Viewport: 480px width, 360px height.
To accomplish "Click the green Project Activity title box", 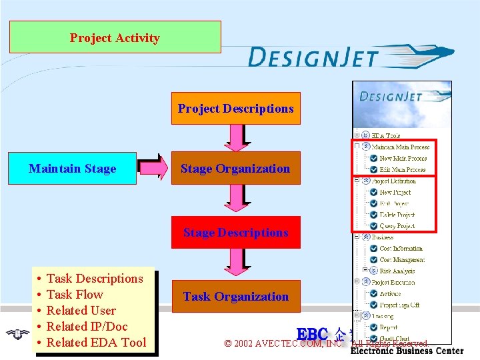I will (x=115, y=37).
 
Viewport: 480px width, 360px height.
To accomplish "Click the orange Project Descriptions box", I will (x=235, y=108).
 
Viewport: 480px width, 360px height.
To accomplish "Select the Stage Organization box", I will (x=235, y=169).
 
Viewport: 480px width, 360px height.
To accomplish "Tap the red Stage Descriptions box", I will (x=235, y=233).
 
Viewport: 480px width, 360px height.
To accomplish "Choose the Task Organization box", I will (x=235, y=297).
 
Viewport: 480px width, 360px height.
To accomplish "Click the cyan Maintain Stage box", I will (x=72, y=169).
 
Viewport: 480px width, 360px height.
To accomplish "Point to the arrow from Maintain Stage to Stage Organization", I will (x=153, y=169).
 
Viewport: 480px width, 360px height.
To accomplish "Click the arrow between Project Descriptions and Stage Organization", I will (x=235, y=138).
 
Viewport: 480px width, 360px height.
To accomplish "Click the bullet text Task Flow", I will (x=75, y=295).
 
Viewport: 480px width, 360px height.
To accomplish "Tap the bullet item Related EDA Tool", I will (x=96, y=343).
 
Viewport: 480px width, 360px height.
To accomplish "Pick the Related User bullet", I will (x=81, y=311).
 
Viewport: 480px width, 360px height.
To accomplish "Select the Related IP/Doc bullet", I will (x=87, y=327).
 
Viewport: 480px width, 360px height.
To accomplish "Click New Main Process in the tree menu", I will (x=403, y=159).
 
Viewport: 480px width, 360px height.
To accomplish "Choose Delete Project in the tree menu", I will (x=397, y=215).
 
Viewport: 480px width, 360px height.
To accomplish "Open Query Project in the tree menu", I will (x=397, y=226).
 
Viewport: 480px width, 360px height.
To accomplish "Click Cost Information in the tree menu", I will (x=401, y=249).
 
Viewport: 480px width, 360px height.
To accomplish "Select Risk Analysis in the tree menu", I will (x=397, y=271).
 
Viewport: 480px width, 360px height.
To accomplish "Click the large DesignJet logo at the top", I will (x=350, y=57).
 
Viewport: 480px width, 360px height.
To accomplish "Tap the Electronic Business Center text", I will (x=407, y=351).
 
